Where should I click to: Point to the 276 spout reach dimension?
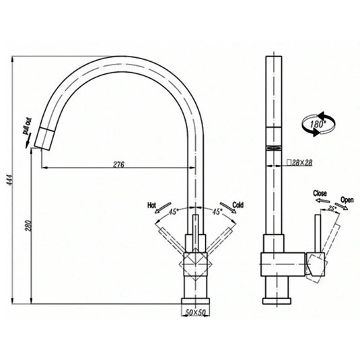click(118, 163)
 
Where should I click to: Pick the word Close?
click(320, 193)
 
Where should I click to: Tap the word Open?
click(347, 200)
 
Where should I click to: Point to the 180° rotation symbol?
click(316, 124)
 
